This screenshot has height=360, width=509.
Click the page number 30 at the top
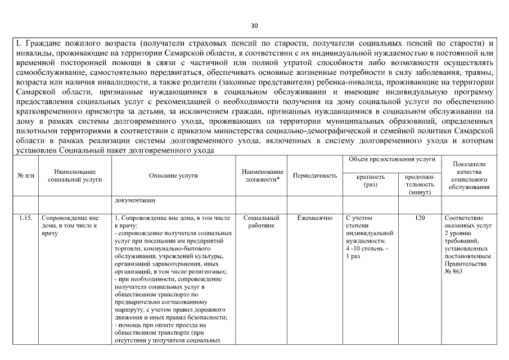[x=254, y=26]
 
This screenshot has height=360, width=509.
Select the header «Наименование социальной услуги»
[x=75, y=175]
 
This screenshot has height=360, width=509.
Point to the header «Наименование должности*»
[x=262, y=175]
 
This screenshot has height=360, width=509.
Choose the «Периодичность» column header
[x=315, y=175]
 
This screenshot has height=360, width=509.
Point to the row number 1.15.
[x=24, y=217]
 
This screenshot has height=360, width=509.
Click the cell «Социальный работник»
[x=262, y=221]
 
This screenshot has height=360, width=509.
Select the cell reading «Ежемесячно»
[x=315, y=217]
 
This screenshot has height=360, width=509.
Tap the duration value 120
[x=420, y=217]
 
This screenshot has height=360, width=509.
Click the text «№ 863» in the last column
[x=453, y=272]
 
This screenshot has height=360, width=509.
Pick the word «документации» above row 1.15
[x=134, y=200]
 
